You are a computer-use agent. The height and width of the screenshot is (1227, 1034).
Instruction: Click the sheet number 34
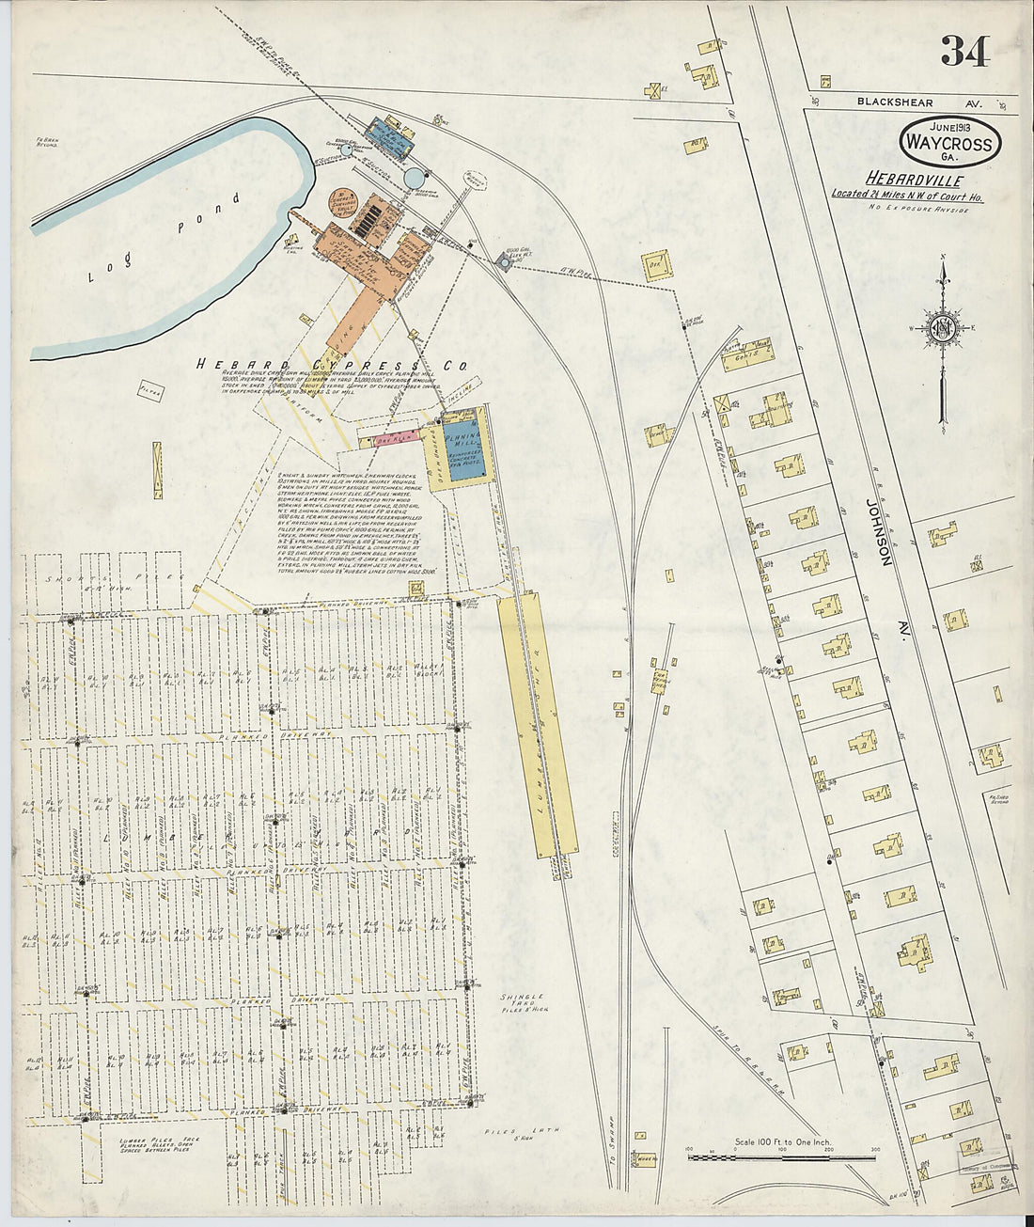click(x=964, y=51)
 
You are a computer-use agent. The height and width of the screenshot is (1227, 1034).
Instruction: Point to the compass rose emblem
click(x=943, y=326)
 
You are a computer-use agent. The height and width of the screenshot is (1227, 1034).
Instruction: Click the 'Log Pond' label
click(x=164, y=239)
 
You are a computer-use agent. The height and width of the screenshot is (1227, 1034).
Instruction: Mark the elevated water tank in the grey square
click(x=504, y=262)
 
